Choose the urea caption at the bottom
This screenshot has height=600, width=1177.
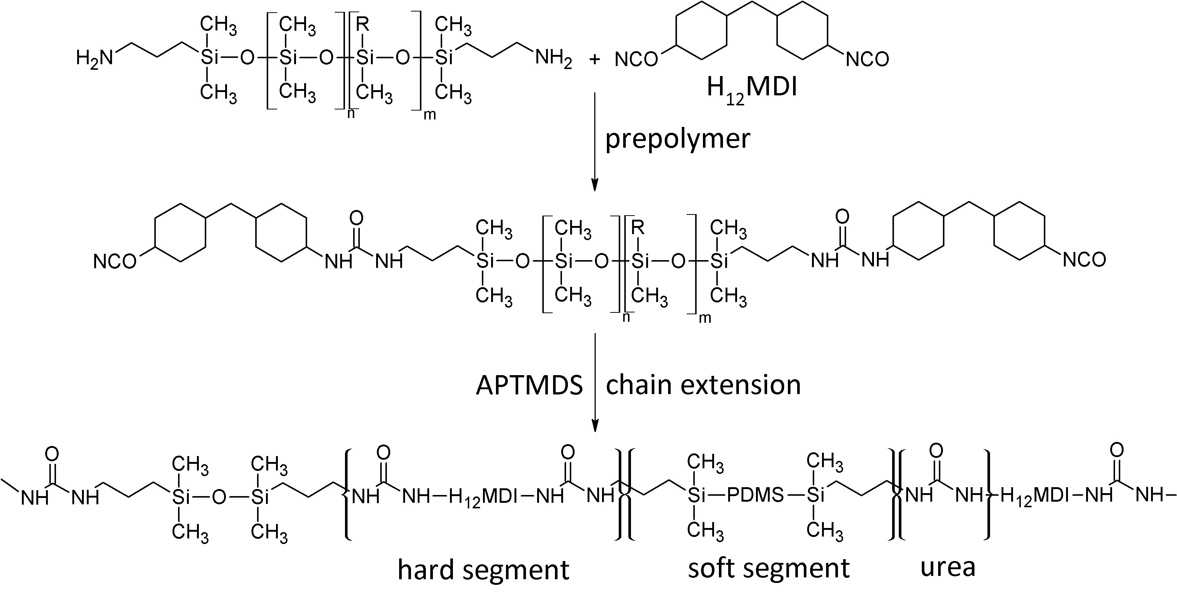pos(948,567)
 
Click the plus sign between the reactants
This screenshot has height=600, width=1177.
pos(595,59)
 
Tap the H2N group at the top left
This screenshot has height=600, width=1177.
pos(94,59)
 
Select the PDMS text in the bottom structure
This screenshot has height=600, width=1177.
pos(754,495)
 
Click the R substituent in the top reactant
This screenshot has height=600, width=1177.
pos(362,24)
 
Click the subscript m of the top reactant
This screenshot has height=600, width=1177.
pos(430,115)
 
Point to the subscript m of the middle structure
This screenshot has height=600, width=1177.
pos(705,318)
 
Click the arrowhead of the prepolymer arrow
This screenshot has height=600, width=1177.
pos(595,185)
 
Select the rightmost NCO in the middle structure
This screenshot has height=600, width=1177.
pos(1084,260)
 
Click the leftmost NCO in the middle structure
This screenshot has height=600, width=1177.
pos(115,262)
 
